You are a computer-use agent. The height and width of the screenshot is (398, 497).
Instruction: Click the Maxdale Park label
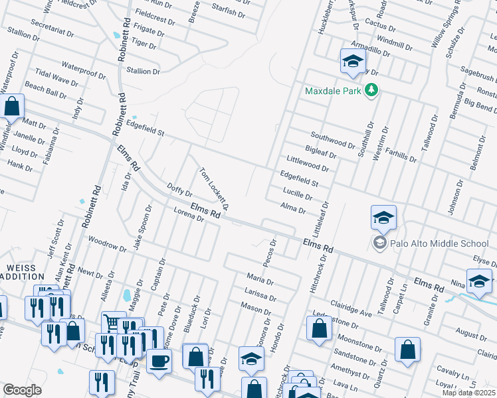click(334, 90)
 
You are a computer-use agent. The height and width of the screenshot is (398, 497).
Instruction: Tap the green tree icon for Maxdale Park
click(372, 90)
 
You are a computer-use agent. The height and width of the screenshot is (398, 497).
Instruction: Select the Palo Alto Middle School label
click(441, 243)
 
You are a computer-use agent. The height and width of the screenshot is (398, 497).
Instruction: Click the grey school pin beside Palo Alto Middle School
click(379, 243)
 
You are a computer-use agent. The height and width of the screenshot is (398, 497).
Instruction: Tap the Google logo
click(22, 390)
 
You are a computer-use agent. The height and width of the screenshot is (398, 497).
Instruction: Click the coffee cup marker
click(159, 362)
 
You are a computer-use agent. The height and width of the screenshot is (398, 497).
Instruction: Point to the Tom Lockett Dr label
click(215, 189)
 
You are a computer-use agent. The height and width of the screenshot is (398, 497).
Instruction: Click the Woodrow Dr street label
click(106, 244)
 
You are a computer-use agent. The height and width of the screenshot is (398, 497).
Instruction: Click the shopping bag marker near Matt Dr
click(12, 106)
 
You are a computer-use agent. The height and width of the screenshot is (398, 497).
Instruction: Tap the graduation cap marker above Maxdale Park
click(353, 62)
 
